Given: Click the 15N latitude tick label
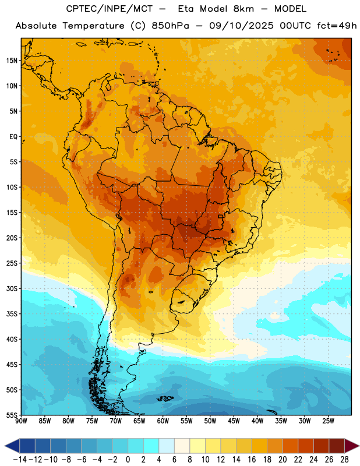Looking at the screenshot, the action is point(12,61).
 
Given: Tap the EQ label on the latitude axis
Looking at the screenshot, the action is point(13,137).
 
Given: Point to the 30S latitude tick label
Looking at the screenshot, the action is point(12,288).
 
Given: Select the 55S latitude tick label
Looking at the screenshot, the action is point(12,415).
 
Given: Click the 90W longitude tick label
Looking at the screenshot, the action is point(21,421).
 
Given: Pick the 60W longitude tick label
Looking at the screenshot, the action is point(163,421).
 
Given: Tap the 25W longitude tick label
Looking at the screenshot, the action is point(328,421).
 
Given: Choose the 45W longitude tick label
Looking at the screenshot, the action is point(234,421).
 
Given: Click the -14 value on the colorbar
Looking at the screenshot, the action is point(20,460).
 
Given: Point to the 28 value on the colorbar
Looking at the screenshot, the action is point(344,460).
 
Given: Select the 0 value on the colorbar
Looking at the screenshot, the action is point(128,460).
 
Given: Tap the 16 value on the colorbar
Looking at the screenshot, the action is point(252,460).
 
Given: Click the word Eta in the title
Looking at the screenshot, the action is point(186,9).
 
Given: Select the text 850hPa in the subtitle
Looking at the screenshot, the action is point(170,26).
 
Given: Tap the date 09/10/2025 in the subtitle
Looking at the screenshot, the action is point(241,26).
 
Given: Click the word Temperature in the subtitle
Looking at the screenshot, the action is point(93,26).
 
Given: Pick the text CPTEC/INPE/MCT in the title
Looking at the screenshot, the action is point(110,9).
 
